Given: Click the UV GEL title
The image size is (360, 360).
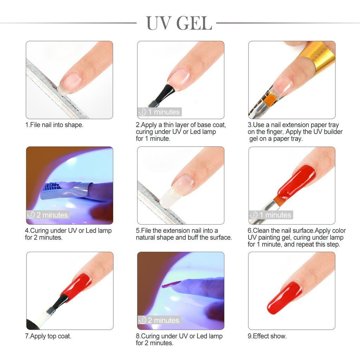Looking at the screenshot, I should click(x=179, y=23).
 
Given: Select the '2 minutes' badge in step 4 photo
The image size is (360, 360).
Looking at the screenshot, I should click(x=48, y=215).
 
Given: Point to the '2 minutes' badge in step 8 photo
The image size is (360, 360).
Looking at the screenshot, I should click(x=159, y=320).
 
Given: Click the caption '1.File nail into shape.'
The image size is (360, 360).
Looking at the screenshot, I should click(x=54, y=125).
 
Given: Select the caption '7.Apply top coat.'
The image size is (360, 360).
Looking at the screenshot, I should click(x=48, y=336).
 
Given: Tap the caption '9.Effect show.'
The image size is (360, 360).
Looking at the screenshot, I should click(x=267, y=336).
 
